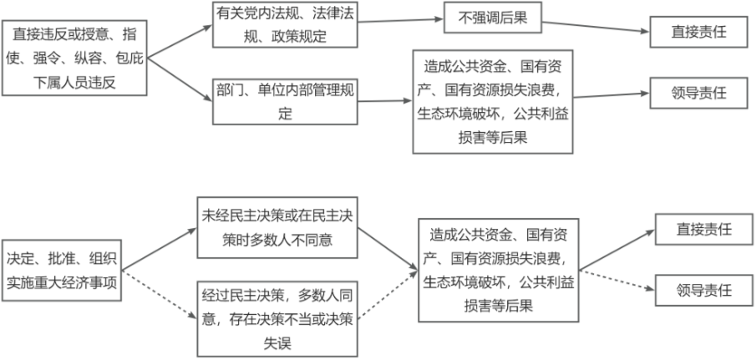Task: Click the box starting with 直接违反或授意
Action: pos(75,58)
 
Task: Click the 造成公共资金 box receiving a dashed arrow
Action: pos(498,270)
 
